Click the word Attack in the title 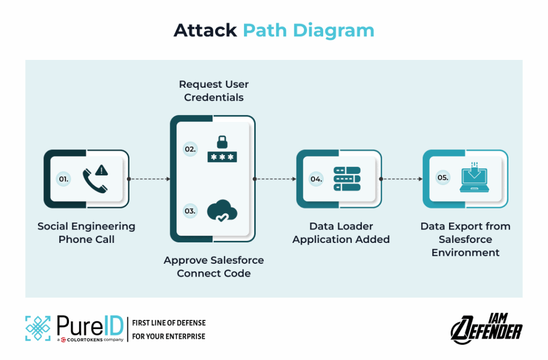point(205,30)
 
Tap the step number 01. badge point(64,179)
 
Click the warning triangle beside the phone point(102,170)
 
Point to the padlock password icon point(222,149)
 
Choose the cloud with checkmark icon point(222,211)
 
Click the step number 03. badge point(191,211)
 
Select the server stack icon point(347,179)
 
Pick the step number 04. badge point(317,179)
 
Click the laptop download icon point(474,178)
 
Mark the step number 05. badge point(443,178)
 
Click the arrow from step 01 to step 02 point(149,179)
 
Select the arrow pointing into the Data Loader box point(275,179)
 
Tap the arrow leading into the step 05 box point(401,179)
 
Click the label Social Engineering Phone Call point(86,233)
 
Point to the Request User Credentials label point(214,91)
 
